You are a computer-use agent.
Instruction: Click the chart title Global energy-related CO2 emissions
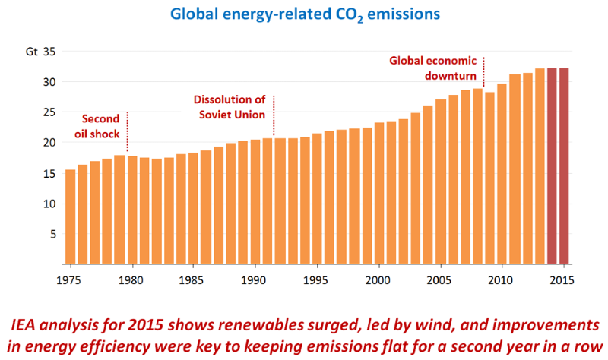304,15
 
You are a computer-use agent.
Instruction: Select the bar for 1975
71,216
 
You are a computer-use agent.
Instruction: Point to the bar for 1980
132,210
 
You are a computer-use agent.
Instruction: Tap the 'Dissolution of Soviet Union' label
229,107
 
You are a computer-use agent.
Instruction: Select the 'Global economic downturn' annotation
433,68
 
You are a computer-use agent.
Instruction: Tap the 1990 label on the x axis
255,280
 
